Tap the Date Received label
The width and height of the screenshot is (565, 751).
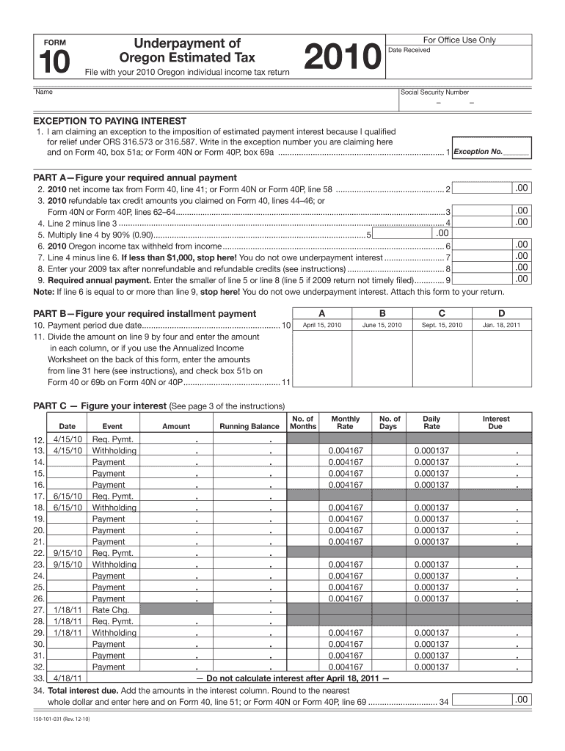(x=409, y=50)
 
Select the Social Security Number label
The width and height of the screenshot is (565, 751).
(x=434, y=92)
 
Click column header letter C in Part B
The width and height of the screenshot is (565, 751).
(x=442, y=312)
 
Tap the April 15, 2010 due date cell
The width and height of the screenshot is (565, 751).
(x=322, y=324)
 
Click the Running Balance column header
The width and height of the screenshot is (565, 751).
(x=249, y=427)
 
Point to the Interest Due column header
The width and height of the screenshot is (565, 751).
(x=495, y=422)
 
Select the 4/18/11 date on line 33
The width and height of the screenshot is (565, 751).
(x=68, y=678)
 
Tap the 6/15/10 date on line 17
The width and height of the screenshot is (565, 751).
(x=68, y=497)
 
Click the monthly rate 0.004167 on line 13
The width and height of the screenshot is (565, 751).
(x=346, y=451)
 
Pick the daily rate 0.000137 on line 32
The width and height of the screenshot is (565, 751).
(x=431, y=667)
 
